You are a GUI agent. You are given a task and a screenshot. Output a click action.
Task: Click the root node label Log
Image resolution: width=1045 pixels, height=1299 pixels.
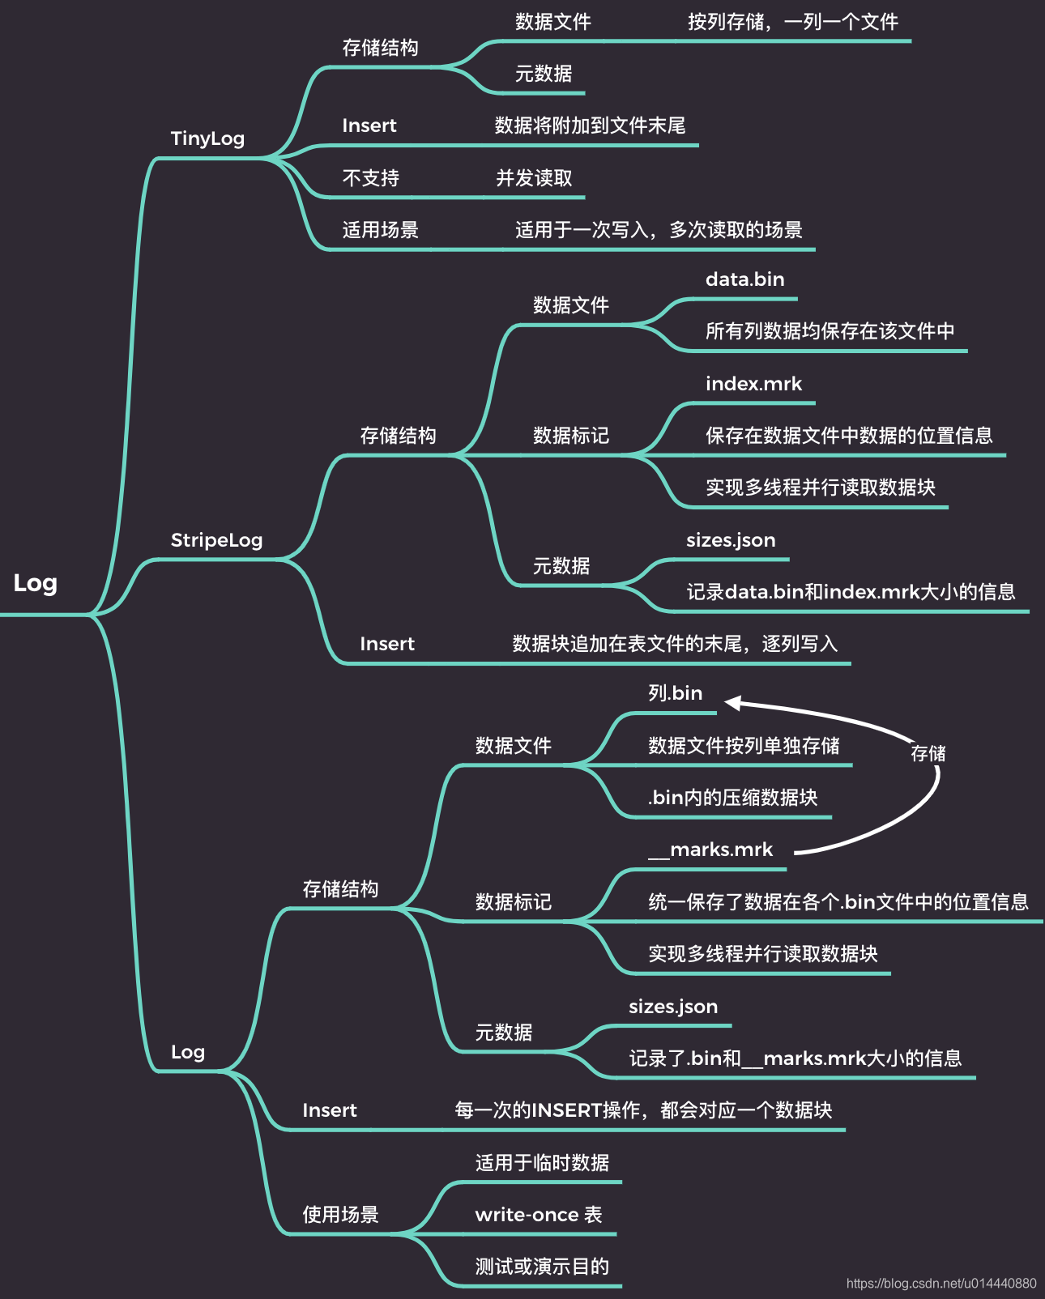point(35,583)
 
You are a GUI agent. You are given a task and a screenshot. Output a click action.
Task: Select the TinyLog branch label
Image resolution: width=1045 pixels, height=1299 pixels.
point(207,138)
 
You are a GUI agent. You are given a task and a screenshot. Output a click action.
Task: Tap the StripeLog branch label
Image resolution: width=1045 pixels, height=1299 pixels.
point(216,540)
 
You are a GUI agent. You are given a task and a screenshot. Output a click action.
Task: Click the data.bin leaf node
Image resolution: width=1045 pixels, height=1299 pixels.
point(744,279)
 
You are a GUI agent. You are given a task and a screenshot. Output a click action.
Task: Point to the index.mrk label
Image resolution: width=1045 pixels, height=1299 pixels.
point(753,384)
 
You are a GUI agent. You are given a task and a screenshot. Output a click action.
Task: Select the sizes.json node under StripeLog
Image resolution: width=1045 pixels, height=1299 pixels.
point(731,540)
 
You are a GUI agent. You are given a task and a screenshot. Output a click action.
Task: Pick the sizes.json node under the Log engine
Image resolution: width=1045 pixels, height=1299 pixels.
point(673,1007)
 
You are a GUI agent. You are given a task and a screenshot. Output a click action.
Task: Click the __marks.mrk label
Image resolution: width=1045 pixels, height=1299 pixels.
point(710,850)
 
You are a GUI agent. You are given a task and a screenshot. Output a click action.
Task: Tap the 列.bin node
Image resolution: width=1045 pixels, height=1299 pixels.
point(675,693)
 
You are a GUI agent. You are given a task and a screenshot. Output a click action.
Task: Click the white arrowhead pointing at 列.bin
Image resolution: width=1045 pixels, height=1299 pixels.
point(731,702)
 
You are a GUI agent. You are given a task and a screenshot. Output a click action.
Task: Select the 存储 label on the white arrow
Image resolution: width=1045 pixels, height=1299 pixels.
point(928,754)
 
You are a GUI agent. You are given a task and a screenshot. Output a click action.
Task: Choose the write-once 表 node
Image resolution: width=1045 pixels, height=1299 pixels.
point(539,1215)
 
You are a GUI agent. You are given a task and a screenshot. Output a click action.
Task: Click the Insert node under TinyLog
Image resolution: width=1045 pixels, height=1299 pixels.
point(369,126)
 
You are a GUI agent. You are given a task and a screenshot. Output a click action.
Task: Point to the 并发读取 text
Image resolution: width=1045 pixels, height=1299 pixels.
point(534,178)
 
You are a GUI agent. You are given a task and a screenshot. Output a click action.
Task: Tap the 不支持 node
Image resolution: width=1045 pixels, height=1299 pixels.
point(370,178)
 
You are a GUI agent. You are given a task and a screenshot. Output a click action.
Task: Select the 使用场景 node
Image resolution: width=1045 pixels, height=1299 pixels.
point(340,1215)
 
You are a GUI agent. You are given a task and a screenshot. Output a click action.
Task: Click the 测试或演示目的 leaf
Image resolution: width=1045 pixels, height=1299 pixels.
point(542,1267)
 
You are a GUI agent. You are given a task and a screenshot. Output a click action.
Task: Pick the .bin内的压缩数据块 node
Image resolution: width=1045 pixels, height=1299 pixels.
point(732,798)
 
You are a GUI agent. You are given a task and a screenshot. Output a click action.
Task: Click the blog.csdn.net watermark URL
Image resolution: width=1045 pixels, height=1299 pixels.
point(941,1284)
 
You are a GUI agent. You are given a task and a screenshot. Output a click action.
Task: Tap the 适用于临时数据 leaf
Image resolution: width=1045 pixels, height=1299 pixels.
point(542,1163)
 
